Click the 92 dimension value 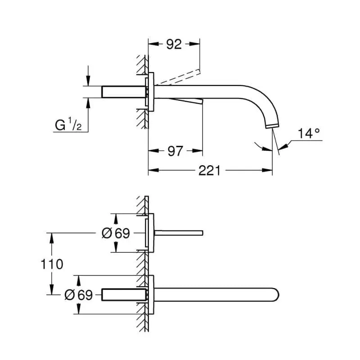(x=174, y=44)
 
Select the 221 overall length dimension (x=210, y=170)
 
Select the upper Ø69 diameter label (x=116, y=233)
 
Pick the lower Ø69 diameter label (x=78, y=295)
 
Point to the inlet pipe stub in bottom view (x=124, y=295)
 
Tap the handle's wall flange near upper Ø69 (x=151, y=233)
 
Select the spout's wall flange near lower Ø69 (x=151, y=295)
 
